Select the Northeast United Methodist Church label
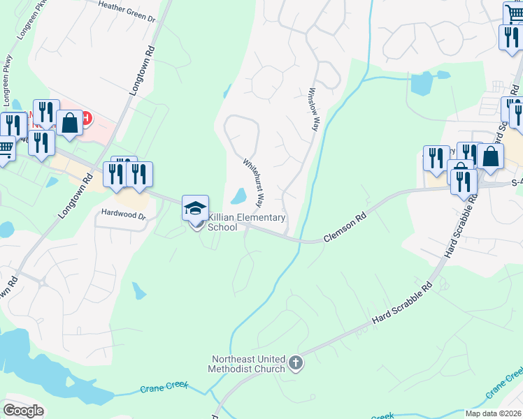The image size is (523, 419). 249,364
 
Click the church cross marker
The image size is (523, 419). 296,363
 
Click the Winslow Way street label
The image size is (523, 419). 313,110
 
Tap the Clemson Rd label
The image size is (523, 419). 345,228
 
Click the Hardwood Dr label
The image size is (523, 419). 124,216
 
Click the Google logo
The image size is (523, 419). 23,411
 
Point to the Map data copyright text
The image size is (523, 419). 494,413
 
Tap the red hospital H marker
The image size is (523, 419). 85,117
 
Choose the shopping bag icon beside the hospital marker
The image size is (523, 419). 70,124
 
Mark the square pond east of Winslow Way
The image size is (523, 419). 422,83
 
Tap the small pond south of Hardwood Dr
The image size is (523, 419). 139,290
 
